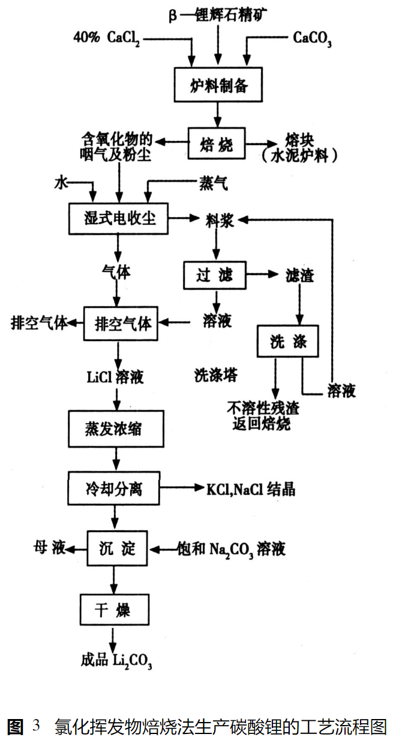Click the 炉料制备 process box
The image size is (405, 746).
[218, 86]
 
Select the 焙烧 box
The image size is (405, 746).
[217, 143]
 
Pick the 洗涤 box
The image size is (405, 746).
[288, 342]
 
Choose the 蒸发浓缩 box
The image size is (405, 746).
[116, 429]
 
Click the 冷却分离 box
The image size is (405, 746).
[114, 489]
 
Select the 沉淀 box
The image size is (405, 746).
[116, 548]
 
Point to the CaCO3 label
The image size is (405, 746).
[313, 39]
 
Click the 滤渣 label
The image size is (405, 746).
[299, 276]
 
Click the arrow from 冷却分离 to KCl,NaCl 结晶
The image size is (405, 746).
[184, 489]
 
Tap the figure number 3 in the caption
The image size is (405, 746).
[36, 727]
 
